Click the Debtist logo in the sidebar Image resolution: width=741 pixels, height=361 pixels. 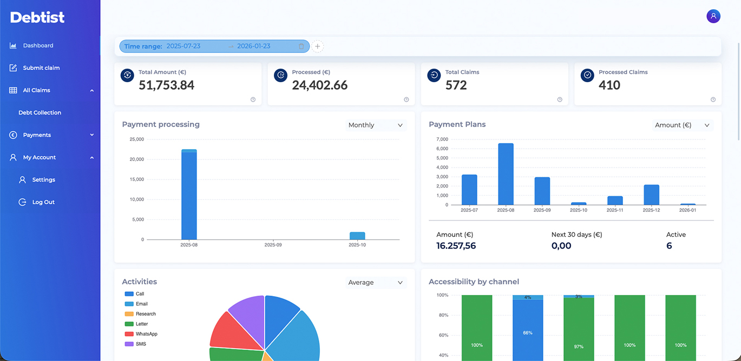[37, 17]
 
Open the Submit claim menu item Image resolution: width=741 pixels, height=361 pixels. [41, 68]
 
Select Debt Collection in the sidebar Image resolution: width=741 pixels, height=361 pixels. [40, 112]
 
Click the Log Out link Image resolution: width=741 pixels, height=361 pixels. [43, 202]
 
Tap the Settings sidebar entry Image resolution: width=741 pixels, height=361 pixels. [43, 179]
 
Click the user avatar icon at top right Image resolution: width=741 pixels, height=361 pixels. [713, 16]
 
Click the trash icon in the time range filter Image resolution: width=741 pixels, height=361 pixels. [301, 46]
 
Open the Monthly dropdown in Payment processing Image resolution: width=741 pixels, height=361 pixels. [376, 125]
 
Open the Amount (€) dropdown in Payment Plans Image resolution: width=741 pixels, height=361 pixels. [682, 125]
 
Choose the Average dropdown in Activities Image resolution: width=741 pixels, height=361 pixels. [376, 283]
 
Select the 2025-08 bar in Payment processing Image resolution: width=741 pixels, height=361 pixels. [189, 195]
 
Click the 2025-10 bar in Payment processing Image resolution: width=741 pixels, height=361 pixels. [357, 236]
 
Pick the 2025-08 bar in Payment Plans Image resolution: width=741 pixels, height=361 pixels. [506, 174]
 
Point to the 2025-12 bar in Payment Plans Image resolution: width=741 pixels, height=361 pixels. [651, 195]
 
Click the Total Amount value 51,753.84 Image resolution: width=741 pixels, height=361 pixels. [166, 85]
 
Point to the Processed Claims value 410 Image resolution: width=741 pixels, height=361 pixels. [609, 85]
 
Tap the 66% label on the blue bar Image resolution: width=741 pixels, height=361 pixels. [527, 333]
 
